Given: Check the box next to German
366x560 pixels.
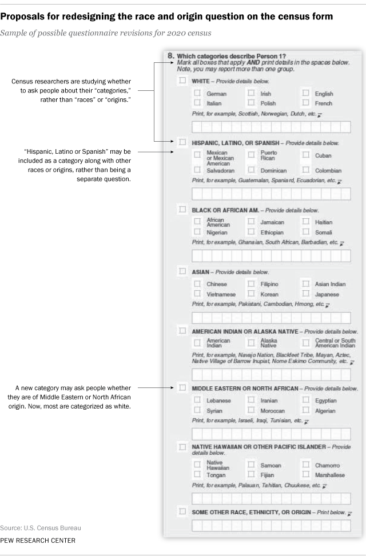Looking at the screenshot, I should coord(197,93).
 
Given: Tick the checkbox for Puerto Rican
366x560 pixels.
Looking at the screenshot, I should coord(251,154).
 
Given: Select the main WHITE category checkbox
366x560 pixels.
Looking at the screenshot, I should coord(182,81).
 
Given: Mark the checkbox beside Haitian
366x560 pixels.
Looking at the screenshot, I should coord(305,221).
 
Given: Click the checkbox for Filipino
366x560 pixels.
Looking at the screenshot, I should coord(251,283).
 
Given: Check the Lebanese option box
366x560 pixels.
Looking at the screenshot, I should coord(197,400).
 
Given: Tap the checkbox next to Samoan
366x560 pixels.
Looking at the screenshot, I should coord(251,465).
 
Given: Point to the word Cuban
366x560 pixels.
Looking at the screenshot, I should coord(323,155).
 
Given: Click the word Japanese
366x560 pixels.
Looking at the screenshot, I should coord(327,294).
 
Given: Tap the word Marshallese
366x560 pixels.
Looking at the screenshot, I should coord(330,475).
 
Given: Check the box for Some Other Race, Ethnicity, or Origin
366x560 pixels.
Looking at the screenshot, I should coord(182,511).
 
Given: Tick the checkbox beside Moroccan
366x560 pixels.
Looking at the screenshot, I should coord(251,410).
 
